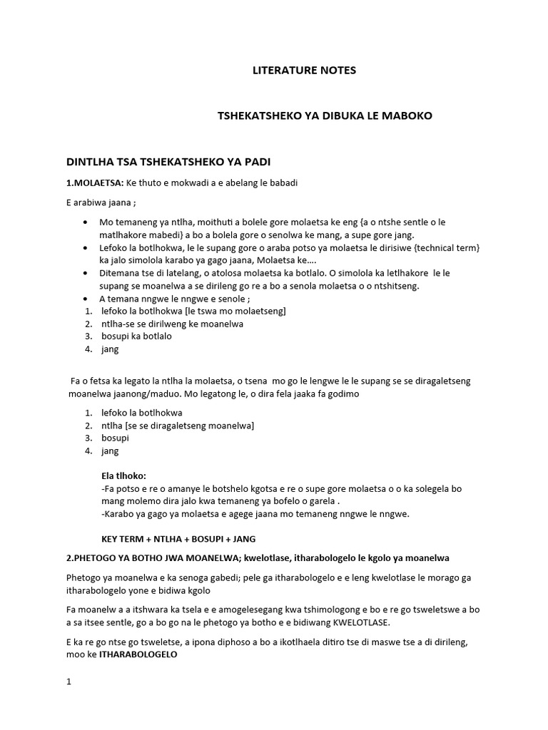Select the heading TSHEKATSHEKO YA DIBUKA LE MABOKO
coord(325,115)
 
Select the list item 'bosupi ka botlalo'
coord(136,336)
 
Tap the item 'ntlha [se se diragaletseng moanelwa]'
coord(178,426)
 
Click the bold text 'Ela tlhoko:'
coord(124,475)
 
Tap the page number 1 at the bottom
coord(68,681)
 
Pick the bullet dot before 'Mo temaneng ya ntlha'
coord(86,222)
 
